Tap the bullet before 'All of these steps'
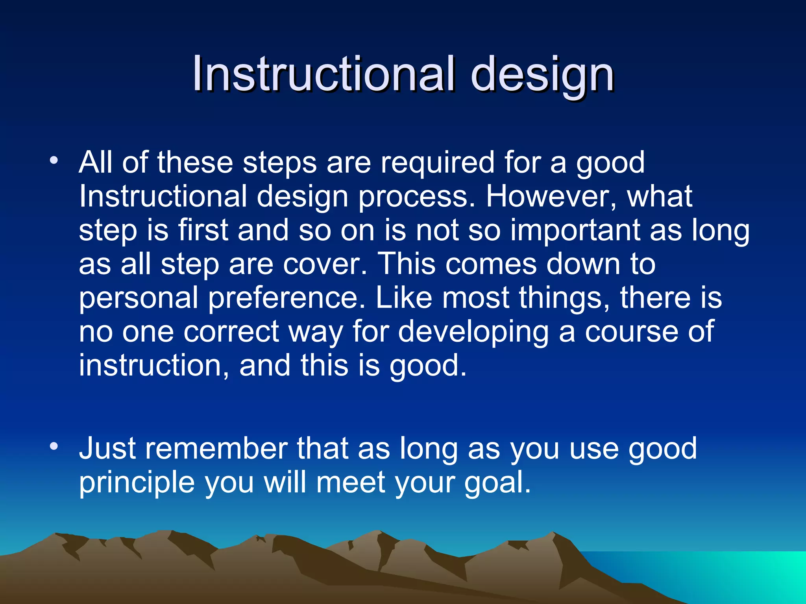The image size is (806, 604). point(54,161)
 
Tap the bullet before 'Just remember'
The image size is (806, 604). point(54,447)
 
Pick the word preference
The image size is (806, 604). point(287,298)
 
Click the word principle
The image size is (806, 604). point(137,483)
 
